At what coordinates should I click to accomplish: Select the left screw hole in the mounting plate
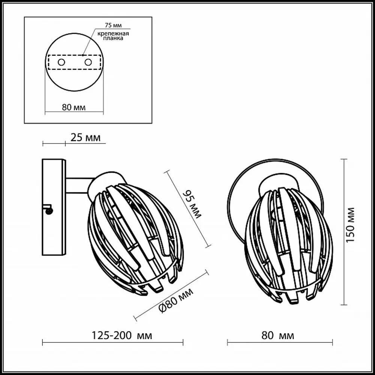[x=61, y=62]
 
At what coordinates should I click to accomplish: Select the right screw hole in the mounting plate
[x=88, y=62]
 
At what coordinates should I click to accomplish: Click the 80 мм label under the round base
[x=73, y=108]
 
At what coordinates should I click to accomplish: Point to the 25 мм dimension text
[x=85, y=138]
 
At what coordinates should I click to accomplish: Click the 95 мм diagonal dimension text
[x=192, y=204]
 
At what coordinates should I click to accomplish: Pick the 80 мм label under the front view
[x=277, y=336]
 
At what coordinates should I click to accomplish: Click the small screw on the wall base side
[x=49, y=211]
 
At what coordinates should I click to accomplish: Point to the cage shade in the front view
[x=288, y=244]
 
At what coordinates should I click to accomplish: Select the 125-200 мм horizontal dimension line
[x=112, y=342]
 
